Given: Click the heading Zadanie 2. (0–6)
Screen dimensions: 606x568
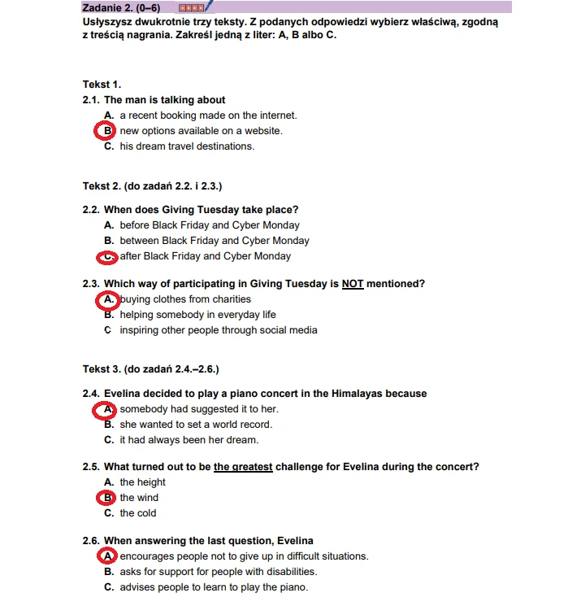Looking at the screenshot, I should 121,7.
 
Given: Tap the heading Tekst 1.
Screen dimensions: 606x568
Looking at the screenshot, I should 102,85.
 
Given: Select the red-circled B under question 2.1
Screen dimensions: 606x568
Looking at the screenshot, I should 106,131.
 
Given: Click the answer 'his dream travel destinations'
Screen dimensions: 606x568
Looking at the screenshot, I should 187,146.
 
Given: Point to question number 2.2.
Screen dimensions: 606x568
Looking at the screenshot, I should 91,210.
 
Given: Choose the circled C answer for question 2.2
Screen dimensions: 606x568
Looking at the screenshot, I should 106,257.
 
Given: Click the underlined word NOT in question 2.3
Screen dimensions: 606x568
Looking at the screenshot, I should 352,284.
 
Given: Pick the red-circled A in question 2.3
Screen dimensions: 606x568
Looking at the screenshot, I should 106,300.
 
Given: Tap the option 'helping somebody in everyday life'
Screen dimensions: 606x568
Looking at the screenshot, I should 197,315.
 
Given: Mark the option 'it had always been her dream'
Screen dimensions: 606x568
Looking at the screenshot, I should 189,440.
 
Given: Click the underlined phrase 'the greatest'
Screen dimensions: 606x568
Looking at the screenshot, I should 243,467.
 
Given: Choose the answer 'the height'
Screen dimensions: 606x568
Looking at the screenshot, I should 142,482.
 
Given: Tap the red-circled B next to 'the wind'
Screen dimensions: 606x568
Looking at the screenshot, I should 106,498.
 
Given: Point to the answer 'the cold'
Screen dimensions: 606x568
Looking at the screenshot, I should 138,513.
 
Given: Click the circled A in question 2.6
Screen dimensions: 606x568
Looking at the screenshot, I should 106,556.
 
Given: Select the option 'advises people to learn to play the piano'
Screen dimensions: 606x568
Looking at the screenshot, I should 214,587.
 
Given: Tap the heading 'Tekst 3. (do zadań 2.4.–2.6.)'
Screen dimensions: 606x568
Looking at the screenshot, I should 150,368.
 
